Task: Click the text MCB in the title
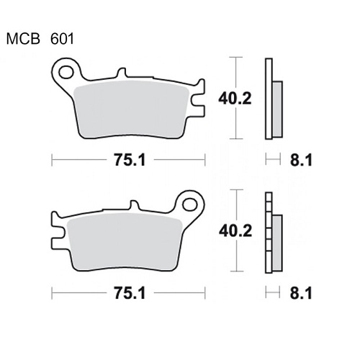[23, 39]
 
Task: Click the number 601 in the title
[62, 39]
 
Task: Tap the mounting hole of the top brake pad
[66, 72]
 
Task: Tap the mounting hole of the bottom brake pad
[190, 205]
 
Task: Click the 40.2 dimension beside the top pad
[235, 99]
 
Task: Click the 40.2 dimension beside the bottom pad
[235, 231]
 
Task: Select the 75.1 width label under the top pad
[130, 160]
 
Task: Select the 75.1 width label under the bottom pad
[130, 293]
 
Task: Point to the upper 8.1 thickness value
[301, 160]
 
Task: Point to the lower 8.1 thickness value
[301, 293]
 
